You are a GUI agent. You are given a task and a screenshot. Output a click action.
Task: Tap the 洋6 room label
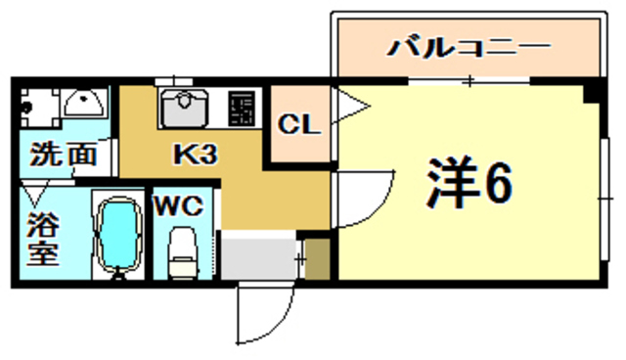click(x=469, y=181)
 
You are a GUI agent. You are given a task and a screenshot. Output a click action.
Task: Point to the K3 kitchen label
click(x=196, y=155)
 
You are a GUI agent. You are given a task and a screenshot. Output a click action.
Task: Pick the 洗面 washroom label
click(x=63, y=154)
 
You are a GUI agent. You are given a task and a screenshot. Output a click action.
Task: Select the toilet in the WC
click(x=182, y=253)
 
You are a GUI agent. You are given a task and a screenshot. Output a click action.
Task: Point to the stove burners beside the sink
click(x=241, y=108)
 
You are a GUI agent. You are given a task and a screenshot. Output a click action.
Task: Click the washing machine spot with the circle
click(x=36, y=103)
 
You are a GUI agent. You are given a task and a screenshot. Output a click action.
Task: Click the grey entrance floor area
click(x=256, y=256)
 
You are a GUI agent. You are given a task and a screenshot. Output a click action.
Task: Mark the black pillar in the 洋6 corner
click(x=592, y=92)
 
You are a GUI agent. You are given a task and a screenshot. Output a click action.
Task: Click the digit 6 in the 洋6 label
click(x=496, y=181)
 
